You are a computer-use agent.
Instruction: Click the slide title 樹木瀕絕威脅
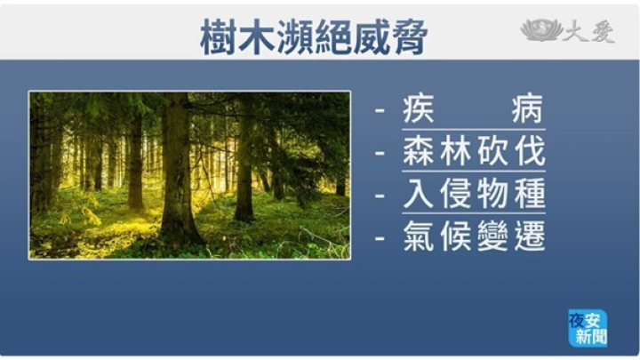[x=314, y=37]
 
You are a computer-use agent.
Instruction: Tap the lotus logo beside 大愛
[x=541, y=30]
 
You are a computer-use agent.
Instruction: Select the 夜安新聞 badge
[x=588, y=328]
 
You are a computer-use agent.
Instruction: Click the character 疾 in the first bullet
[x=418, y=109]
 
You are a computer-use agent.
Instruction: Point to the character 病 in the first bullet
[x=528, y=109]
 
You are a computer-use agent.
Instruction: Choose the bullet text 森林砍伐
[x=474, y=151]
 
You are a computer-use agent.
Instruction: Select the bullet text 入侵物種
[x=474, y=194]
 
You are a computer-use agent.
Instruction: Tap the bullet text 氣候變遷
[x=474, y=236]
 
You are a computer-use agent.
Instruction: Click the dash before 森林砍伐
[x=380, y=153]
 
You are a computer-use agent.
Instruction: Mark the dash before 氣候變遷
[x=380, y=237]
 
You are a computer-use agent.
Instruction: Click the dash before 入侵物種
[x=380, y=195]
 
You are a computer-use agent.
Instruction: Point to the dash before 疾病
[x=380, y=110]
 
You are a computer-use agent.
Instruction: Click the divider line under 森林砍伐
[x=474, y=172]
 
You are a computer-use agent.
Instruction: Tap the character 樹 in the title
[x=219, y=37]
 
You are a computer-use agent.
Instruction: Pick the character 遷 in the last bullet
[x=530, y=236]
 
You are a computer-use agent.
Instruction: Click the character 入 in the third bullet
[x=418, y=194]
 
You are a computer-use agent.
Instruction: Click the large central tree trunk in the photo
[x=179, y=172]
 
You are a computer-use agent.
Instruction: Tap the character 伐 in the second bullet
[x=530, y=151]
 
